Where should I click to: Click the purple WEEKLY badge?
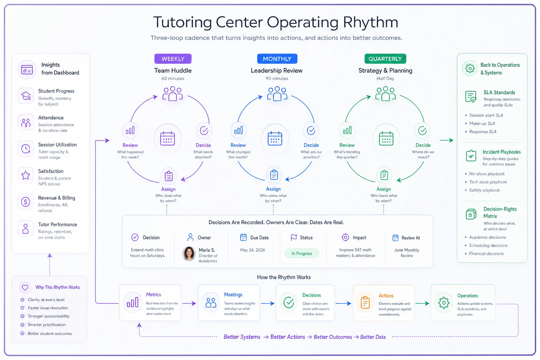pos(173,59)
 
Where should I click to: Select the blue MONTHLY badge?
pos(277,59)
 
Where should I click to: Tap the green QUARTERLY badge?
pos(385,59)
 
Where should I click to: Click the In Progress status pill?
pos(302,253)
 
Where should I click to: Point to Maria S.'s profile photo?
pos(189,254)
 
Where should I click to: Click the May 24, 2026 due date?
pos(252,250)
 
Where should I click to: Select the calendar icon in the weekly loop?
pos(168,139)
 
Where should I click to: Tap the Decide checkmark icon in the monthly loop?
pos(311,130)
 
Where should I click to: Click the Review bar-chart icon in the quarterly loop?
pos(347,130)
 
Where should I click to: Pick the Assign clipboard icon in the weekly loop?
pos(168,176)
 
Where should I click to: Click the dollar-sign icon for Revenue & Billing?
pos(26,201)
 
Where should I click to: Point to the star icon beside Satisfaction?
pos(26,175)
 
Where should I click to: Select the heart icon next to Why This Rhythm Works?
pos(25,287)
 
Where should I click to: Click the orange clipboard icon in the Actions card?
pos(365,302)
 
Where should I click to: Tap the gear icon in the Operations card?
pos(444,303)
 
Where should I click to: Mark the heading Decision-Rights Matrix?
pos(500,212)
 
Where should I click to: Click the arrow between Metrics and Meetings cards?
pos(189,303)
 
